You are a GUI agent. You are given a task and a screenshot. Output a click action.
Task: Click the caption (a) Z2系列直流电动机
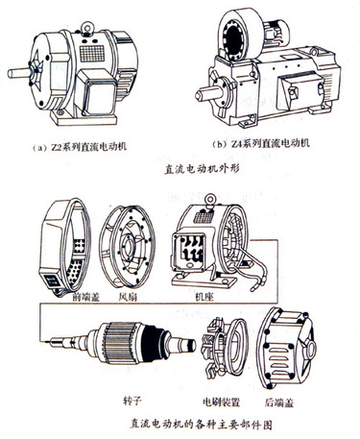[80, 147]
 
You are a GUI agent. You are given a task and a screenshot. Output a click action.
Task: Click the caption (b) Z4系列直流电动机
[261, 143]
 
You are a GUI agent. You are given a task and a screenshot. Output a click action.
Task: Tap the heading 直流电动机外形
[202, 169]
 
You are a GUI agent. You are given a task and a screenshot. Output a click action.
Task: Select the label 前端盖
[86, 297]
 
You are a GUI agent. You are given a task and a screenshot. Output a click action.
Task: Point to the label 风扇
[128, 297]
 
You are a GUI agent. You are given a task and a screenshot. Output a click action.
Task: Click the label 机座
[204, 297]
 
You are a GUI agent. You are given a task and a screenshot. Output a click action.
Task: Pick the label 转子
[132, 401]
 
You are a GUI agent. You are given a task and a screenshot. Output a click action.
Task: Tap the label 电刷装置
[222, 402]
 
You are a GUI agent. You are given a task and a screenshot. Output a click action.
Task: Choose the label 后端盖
[279, 402]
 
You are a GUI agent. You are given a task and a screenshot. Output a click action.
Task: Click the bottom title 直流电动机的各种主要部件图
[202, 424]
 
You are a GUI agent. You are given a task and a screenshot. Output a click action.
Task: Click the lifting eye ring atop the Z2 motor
[86, 28]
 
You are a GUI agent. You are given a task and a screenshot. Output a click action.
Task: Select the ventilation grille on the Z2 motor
[92, 54]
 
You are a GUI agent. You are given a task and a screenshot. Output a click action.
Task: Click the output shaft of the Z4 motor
[208, 93]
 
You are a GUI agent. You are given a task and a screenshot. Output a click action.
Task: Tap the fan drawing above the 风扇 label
[128, 247]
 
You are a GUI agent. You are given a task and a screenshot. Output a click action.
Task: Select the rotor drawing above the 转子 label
[121, 342]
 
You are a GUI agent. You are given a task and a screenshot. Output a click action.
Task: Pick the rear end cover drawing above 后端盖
[286, 348]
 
